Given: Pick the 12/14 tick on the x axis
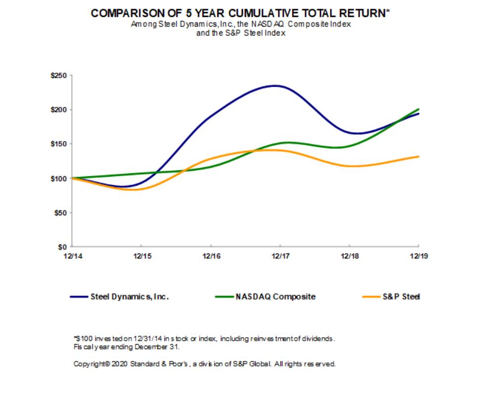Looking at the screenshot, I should (x=72, y=255).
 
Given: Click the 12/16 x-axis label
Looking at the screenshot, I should (x=211, y=255).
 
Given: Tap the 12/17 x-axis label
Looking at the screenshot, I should (x=280, y=255).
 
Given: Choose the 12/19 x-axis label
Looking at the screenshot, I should (x=419, y=255).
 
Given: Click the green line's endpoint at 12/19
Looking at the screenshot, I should (x=419, y=109).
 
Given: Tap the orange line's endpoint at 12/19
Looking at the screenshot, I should (x=419, y=156).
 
